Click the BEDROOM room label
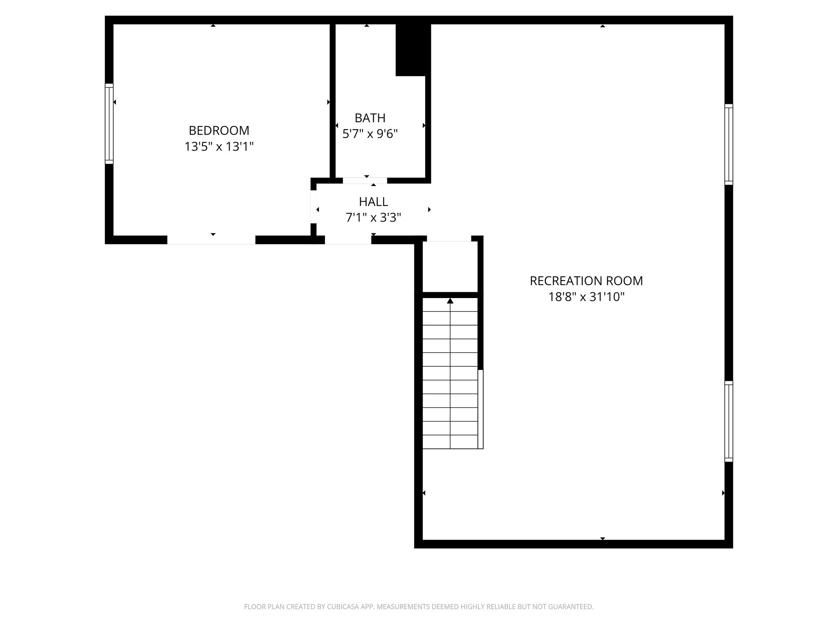pyautogui.click(x=219, y=130)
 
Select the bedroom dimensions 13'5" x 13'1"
pyautogui.click(x=219, y=146)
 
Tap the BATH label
pyautogui.click(x=370, y=118)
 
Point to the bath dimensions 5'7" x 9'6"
pyautogui.click(x=370, y=134)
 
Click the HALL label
pyautogui.click(x=373, y=202)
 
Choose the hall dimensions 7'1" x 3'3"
pyautogui.click(x=373, y=218)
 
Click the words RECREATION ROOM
pyautogui.click(x=586, y=281)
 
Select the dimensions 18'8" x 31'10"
pyautogui.click(x=586, y=297)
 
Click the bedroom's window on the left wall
pyautogui.click(x=109, y=124)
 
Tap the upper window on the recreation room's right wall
pyautogui.click(x=729, y=144)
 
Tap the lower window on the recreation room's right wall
pyautogui.click(x=729, y=421)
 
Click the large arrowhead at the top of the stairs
pyautogui.click(x=450, y=301)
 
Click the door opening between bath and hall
pyautogui.click(x=365, y=181)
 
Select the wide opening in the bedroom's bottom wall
pyautogui.click(x=211, y=240)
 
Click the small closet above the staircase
pyautogui.click(x=450, y=267)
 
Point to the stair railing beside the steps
pyautogui.click(x=481, y=409)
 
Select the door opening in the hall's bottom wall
pyautogui.click(x=348, y=240)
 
